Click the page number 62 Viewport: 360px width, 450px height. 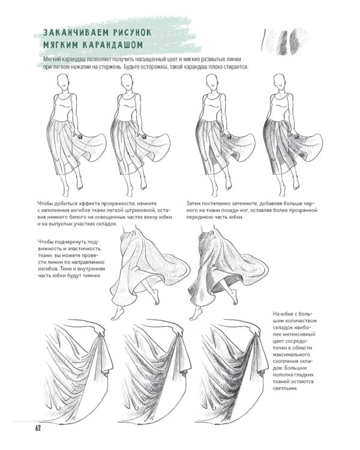point(38,428)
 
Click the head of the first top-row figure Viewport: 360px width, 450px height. point(62,81)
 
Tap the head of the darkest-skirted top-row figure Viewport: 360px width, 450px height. point(279,81)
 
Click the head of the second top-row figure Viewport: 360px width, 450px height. point(126,81)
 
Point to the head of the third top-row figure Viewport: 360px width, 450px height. point(211,81)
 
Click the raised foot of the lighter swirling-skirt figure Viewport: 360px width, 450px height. point(155,297)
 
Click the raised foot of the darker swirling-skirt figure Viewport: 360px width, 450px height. point(234,297)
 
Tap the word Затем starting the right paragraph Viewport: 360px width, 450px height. point(193,204)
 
